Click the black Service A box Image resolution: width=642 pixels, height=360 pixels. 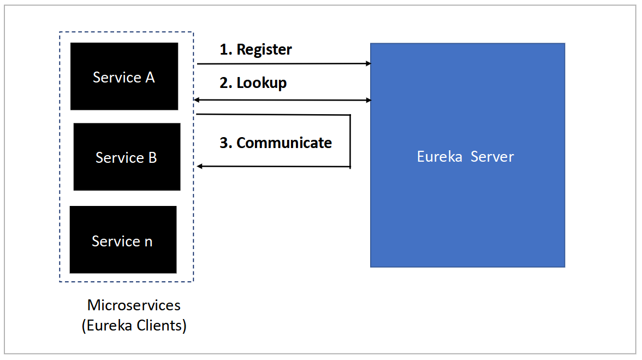(124, 76)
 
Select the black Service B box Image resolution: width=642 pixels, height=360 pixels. (127, 157)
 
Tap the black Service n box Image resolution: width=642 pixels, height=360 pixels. (123, 240)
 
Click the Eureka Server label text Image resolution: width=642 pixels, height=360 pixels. (465, 157)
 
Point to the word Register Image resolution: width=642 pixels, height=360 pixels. (264, 50)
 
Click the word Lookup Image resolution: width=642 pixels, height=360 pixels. (261, 83)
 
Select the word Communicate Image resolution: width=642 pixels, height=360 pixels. (284, 143)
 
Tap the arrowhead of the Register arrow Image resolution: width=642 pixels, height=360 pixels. (368, 64)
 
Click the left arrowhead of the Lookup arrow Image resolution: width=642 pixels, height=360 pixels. (197, 100)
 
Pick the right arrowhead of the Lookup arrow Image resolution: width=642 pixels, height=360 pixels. (368, 100)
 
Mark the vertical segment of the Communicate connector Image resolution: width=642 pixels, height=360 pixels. (349, 141)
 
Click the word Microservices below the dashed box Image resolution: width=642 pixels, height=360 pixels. (134, 305)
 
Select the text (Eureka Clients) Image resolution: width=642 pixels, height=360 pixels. (134, 326)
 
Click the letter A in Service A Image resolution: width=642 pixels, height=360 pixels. (149, 78)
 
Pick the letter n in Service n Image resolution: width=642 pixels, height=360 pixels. (148, 241)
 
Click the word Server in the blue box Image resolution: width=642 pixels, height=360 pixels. (492, 157)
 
